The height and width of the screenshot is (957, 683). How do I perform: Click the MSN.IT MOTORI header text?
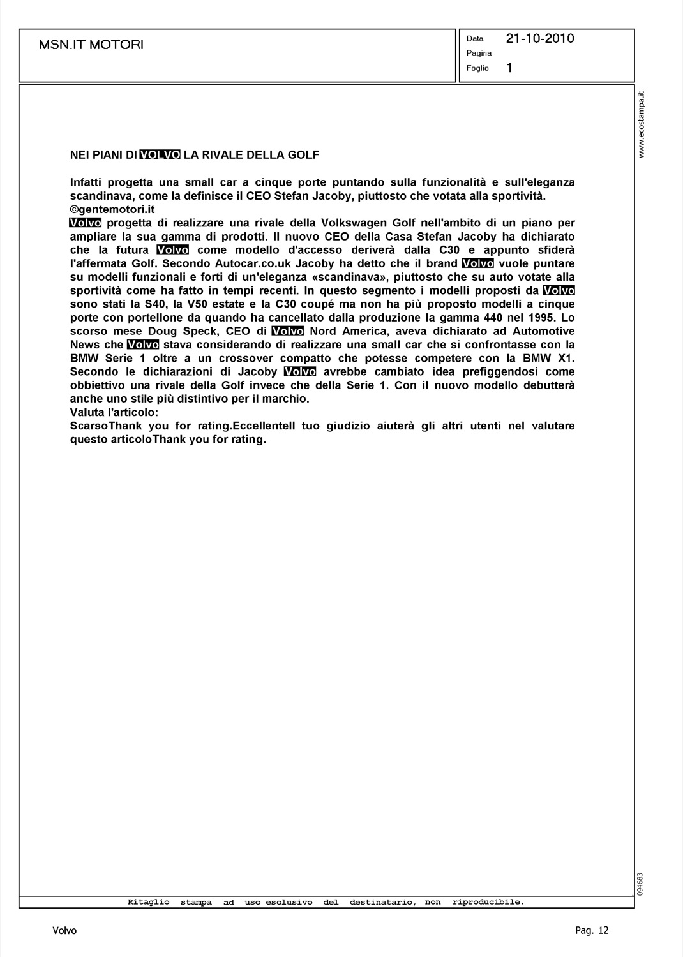pos(91,45)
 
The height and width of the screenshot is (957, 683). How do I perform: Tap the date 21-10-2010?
pos(540,38)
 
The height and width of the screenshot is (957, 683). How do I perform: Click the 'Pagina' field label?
pos(479,53)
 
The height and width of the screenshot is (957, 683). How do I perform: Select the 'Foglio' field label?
pos(477,68)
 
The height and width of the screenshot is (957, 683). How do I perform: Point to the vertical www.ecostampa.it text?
pos(643,124)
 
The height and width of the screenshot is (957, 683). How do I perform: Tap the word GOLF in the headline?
pos(303,155)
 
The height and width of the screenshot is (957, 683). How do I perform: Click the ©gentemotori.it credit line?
pos(113,209)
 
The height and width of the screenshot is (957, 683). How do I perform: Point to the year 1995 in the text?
pos(543,318)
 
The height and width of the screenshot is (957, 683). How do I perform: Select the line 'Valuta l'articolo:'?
pos(114,412)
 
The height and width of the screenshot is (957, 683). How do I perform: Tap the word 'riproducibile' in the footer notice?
pos(488,902)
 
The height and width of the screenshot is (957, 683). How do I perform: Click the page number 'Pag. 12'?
pos(592,931)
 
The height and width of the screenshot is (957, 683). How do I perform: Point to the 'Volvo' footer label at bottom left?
pos(64,931)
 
